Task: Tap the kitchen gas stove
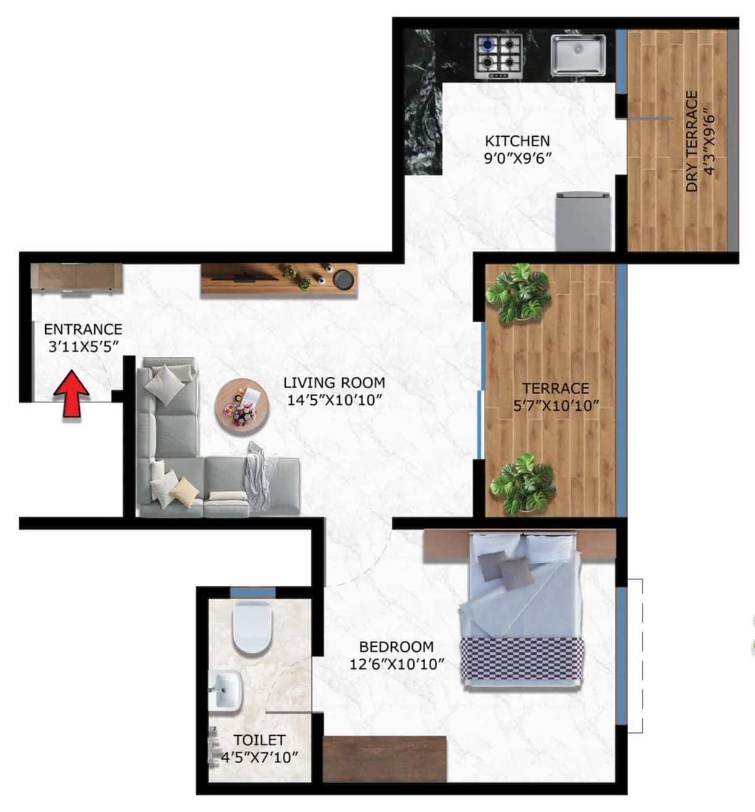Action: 498,56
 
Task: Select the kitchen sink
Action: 578,55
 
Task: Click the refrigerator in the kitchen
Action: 584,221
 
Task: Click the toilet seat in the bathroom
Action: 252,628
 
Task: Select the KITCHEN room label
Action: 517,140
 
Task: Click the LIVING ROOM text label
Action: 334,382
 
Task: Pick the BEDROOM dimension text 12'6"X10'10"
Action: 397,665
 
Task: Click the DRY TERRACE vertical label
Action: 692,141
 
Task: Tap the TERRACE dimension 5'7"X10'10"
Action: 556,406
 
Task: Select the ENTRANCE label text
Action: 83,329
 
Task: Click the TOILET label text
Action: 259,740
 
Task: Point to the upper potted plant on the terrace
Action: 519,293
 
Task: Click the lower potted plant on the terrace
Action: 523,483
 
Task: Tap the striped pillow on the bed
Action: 516,573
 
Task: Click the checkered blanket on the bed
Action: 522,660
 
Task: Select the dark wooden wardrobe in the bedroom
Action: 384,759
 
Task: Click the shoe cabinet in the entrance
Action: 76,277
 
